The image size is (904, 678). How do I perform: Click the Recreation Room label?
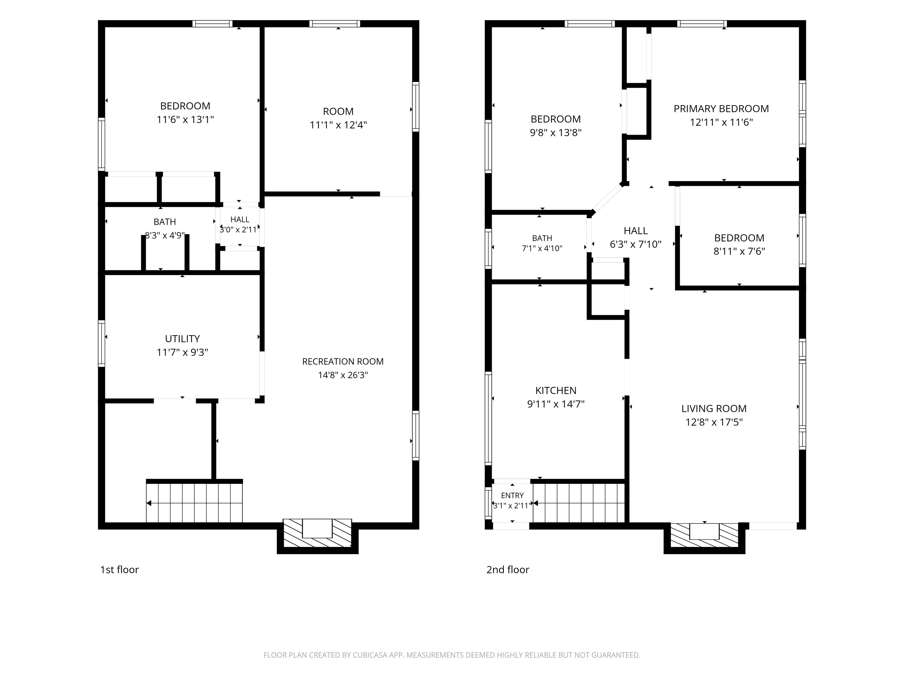pyautogui.click(x=343, y=362)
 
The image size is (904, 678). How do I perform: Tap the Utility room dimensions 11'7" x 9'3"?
pyautogui.click(x=182, y=352)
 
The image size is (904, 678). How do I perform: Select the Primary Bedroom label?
pyautogui.click(x=721, y=109)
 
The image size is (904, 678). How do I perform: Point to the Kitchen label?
pyautogui.click(x=556, y=390)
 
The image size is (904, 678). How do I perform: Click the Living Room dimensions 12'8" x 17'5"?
pyautogui.click(x=714, y=422)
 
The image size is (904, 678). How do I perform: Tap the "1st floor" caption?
pyautogui.click(x=119, y=570)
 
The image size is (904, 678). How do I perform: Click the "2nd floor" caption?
pyautogui.click(x=508, y=570)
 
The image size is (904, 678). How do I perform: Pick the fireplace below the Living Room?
pyautogui.click(x=704, y=535)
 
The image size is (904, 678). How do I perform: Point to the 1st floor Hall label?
pyautogui.click(x=240, y=220)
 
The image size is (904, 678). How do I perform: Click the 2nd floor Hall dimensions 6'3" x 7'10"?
pyautogui.click(x=636, y=244)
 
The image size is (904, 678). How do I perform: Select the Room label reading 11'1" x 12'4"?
pyautogui.click(x=338, y=118)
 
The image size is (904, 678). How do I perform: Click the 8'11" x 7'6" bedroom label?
pyautogui.click(x=739, y=244)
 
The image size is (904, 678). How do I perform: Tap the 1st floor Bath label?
pyautogui.click(x=165, y=222)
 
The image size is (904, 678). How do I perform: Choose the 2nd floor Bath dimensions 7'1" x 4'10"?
pyautogui.click(x=542, y=248)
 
